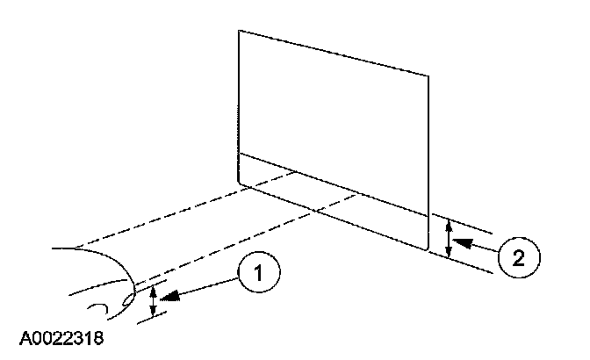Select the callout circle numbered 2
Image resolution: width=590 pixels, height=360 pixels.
tap(517, 257)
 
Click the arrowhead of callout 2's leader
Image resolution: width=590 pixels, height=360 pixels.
tap(463, 238)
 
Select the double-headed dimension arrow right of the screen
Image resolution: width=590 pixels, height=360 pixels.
tap(450, 238)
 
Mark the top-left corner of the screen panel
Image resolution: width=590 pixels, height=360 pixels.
tap(239, 31)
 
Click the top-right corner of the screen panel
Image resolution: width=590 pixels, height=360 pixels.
tap(428, 76)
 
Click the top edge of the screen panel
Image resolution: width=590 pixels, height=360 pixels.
tap(334, 54)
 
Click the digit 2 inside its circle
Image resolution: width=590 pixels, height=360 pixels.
tap(517, 257)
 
